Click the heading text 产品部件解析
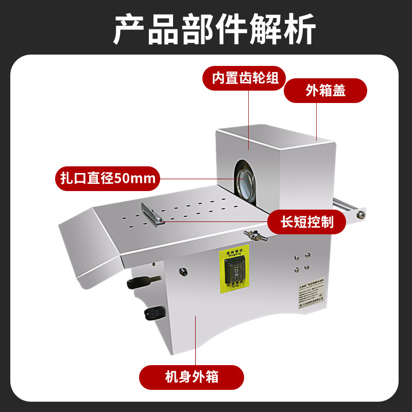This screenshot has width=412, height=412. point(206,28)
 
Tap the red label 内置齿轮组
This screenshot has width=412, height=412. point(246,79)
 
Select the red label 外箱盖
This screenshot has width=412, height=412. point(325,91)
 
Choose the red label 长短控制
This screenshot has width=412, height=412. point(306,222)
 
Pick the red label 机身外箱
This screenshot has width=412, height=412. point(192,377)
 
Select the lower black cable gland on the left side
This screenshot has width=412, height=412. point(152,313)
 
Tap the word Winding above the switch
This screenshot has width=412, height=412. point(234,254)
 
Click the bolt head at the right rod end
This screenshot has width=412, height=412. point(364,213)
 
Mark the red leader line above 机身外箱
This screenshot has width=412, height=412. point(196,340)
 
